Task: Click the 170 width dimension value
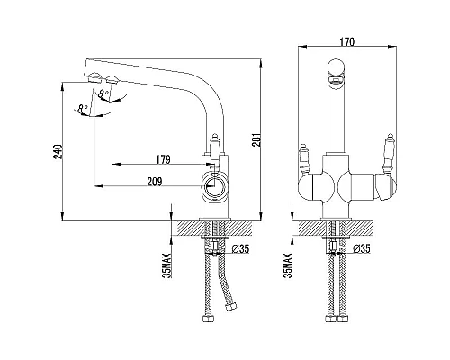[x=347, y=41]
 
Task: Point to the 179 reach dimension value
[x=163, y=159]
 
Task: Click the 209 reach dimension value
[x=155, y=182]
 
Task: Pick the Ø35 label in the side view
[x=241, y=248]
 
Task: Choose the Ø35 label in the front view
[x=362, y=248]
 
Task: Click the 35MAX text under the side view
[x=166, y=265]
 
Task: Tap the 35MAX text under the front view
[x=288, y=265]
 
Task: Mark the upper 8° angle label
[x=103, y=94]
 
